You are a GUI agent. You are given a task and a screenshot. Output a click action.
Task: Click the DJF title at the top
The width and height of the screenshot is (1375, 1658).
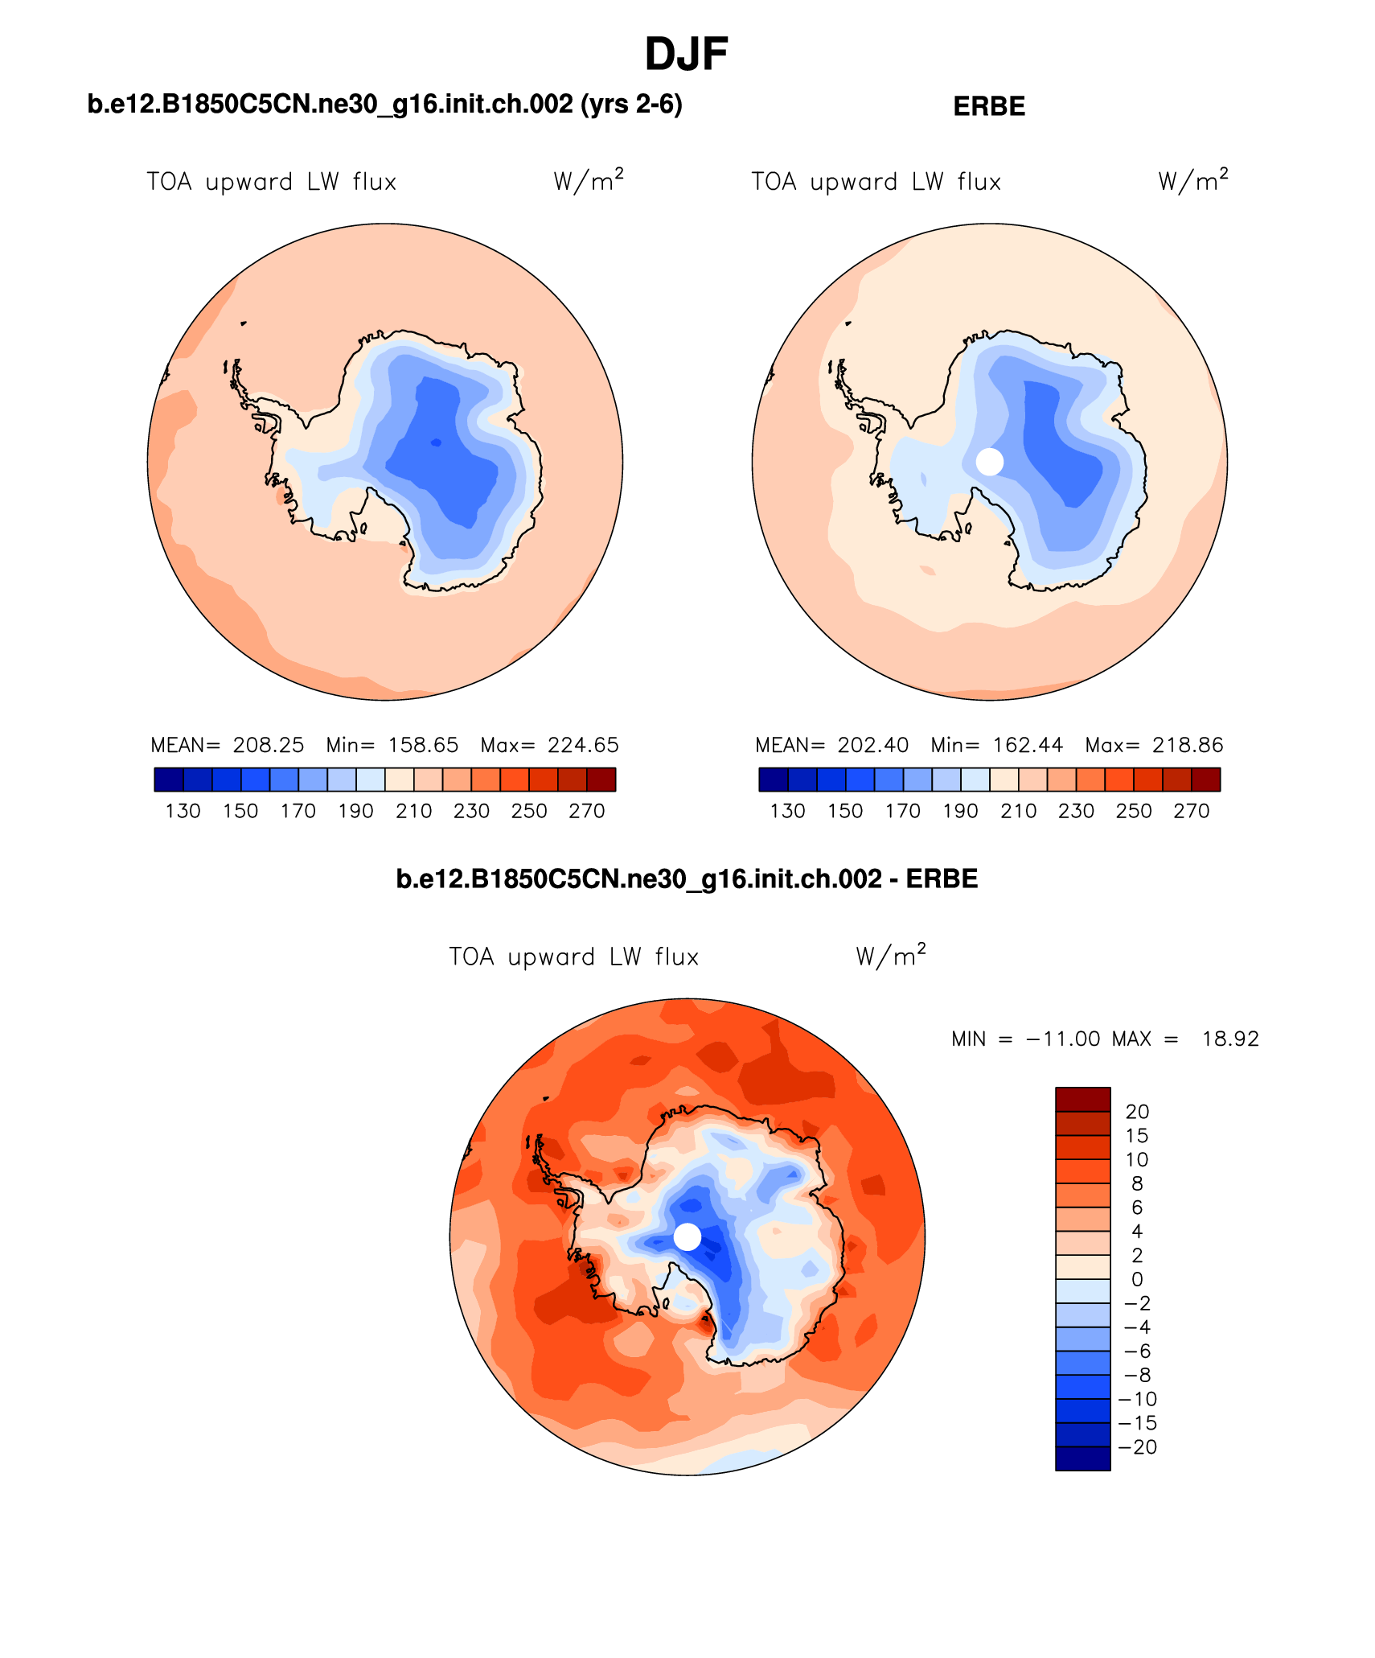[686, 56]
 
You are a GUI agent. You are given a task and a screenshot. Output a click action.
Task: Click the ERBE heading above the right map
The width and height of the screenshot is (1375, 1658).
[988, 107]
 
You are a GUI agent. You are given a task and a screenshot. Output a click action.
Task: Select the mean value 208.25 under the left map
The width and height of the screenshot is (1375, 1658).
[269, 745]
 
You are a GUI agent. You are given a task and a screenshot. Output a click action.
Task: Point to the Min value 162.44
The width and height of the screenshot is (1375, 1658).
[1028, 745]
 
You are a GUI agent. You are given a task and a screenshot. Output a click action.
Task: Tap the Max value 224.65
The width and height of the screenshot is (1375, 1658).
[583, 745]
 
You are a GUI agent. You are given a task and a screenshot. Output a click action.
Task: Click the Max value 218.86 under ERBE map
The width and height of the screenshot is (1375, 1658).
[1188, 745]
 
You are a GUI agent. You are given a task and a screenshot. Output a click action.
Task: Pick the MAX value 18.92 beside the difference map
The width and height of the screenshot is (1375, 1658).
[1229, 1039]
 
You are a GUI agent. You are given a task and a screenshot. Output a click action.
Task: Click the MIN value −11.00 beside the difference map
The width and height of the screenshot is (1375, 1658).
[1063, 1039]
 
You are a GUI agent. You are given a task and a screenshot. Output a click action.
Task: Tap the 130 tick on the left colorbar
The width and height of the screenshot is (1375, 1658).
[183, 811]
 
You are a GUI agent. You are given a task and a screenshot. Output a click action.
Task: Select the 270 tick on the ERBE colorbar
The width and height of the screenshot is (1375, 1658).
[1191, 811]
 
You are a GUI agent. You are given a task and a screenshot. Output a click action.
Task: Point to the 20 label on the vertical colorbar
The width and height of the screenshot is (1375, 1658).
[1137, 1112]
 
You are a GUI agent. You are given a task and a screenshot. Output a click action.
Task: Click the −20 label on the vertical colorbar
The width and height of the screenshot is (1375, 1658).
[1137, 1447]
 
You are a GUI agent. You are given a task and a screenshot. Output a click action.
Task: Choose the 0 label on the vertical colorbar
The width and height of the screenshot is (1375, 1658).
[1137, 1280]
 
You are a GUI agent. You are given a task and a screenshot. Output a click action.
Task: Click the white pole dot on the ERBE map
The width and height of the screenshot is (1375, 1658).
[990, 462]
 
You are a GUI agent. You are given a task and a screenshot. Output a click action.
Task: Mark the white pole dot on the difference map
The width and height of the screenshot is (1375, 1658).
[687, 1236]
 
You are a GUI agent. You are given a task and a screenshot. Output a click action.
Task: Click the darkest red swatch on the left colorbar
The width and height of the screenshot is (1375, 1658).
[601, 780]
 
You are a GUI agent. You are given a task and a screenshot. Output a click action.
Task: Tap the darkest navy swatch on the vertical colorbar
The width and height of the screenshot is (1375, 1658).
[1082, 1458]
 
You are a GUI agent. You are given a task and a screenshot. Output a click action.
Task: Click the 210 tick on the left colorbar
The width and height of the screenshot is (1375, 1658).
[414, 811]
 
